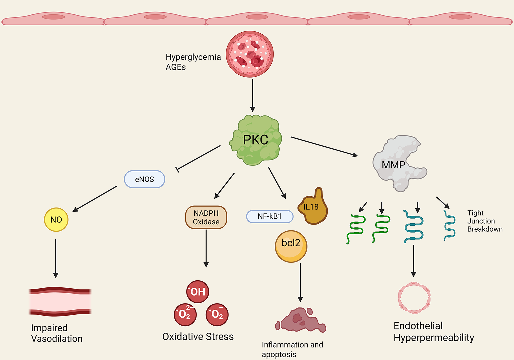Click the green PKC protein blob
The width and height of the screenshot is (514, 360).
pyautogui.click(x=256, y=140)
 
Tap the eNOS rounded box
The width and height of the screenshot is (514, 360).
pyautogui.click(x=145, y=179)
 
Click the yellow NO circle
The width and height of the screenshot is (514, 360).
pyautogui.click(x=56, y=220)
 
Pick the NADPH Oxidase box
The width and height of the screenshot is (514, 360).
pyautogui.click(x=206, y=217)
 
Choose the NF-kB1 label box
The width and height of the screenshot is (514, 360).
pyautogui.click(x=269, y=216)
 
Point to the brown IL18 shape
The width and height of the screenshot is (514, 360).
pyautogui.click(x=313, y=209)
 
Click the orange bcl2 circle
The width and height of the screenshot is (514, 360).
pyautogui.click(x=291, y=246)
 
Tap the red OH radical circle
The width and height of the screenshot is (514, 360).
pyautogui.click(x=198, y=292)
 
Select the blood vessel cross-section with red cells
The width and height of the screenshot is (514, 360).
pyautogui.click(x=250, y=54)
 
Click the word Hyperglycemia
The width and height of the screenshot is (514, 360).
pyautogui.click(x=193, y=57)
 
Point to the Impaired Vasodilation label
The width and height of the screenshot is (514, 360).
pyautogui.click(x=57, y=333)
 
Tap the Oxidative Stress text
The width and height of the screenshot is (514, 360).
pyautogui.click(x=198, y=336)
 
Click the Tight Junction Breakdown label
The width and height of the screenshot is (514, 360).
pyautogui.click(x=485, y=221)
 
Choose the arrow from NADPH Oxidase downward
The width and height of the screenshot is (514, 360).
pyautogui.click(x=206, y=248)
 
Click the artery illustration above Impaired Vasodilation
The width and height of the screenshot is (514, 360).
pyautogui.click(x=60, y=302)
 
